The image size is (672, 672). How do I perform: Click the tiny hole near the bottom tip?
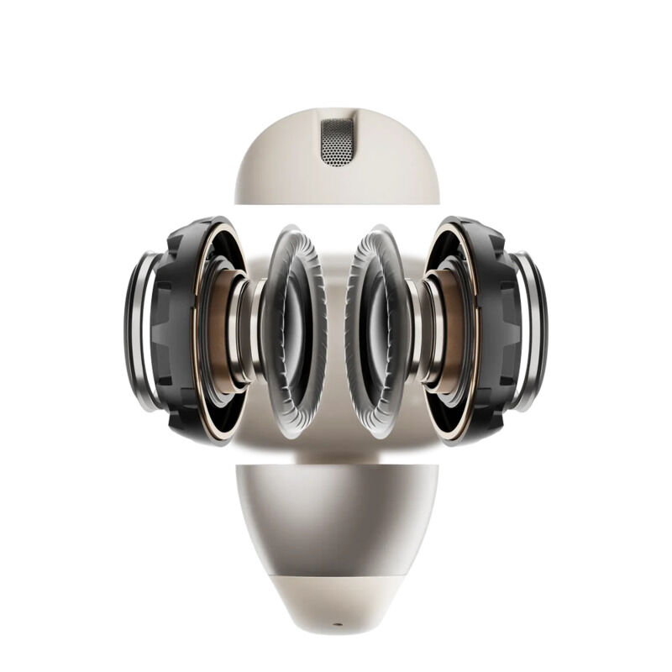point(337,625)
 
